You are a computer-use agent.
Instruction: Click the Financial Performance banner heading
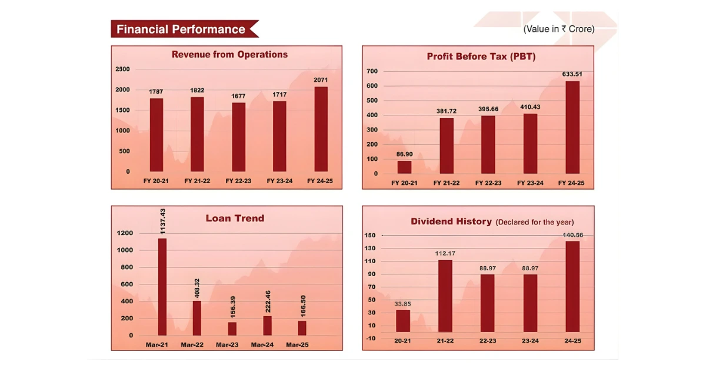coord(181,29)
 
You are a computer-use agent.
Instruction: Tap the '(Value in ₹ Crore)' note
coord(558,29)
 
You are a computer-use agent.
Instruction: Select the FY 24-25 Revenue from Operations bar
coord(321,129)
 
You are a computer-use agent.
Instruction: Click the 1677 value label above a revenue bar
coord(238,95)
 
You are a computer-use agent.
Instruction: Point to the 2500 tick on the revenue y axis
coord(122,69)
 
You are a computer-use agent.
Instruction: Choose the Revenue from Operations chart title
coord(229,55)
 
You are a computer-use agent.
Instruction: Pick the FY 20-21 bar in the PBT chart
coord(404,167)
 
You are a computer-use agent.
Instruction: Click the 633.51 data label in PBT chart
coord(572,74)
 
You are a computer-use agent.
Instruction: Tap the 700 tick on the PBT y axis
coord(371,71)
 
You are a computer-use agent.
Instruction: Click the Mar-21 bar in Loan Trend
coord(162,287)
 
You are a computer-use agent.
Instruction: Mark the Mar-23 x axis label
coord(227,344)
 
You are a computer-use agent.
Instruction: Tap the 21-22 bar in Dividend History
coord(445,296)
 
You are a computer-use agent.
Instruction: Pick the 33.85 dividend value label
coord(404,304)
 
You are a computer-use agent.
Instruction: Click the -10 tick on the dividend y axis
coord(370,338)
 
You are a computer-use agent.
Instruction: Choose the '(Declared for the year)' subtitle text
coord(534,223)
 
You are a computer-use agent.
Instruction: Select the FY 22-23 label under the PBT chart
coord(488,183)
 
